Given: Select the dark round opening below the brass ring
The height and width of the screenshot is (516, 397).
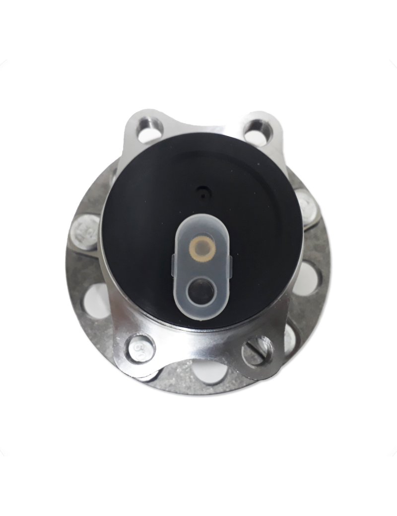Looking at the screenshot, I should click(x=202, y=288).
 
